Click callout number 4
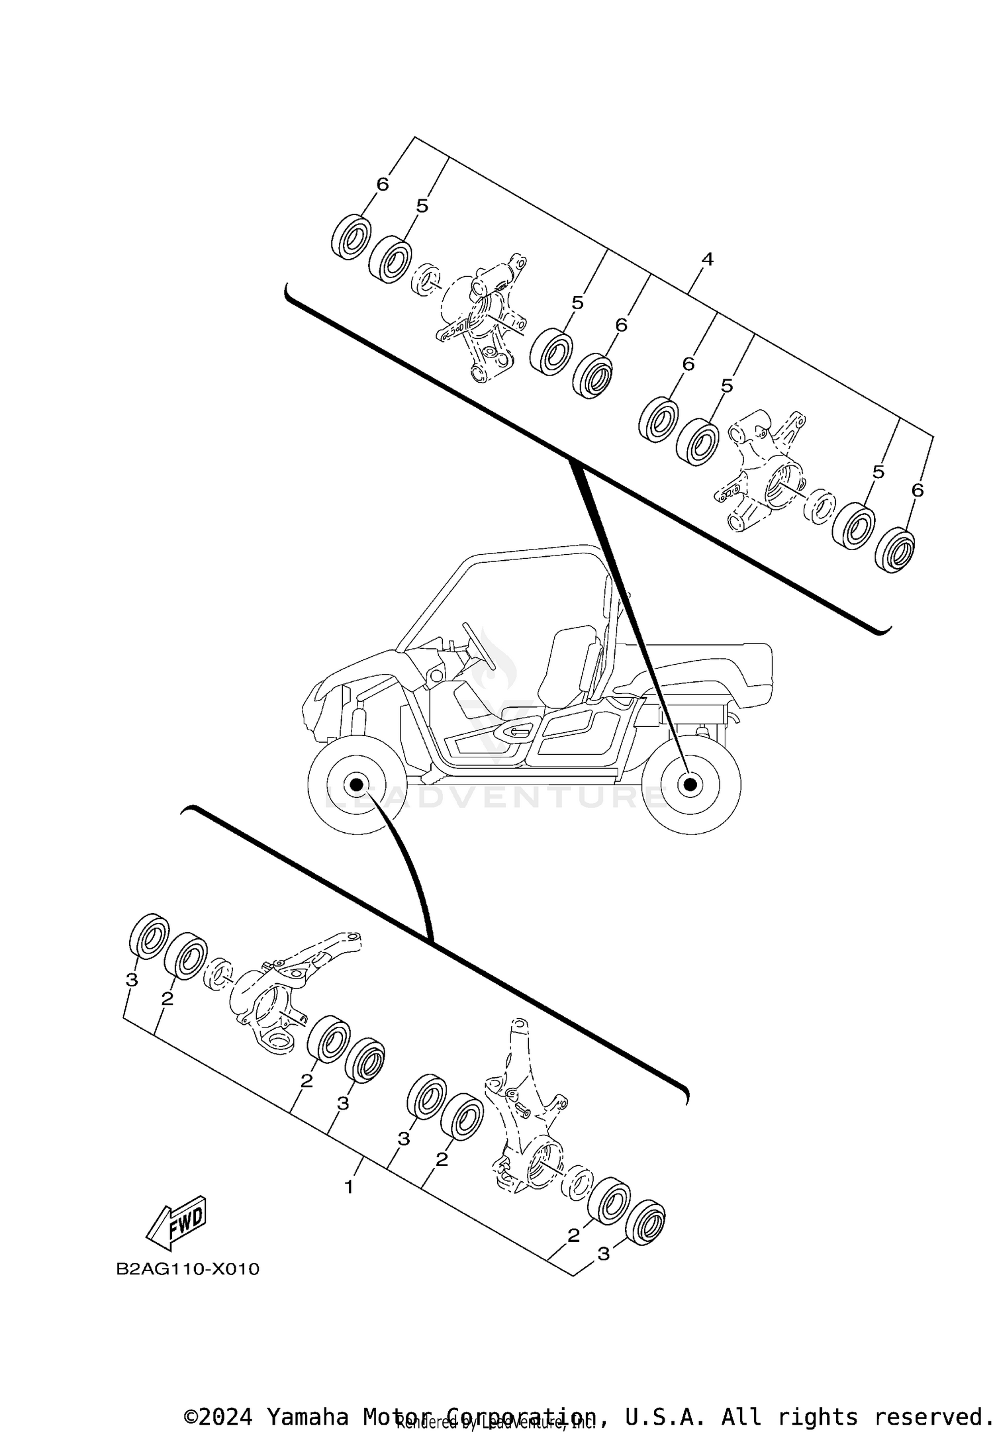[707, 260]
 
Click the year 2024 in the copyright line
[226, 1416]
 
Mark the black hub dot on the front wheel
[356, 785]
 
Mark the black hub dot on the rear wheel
[690, 785]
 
